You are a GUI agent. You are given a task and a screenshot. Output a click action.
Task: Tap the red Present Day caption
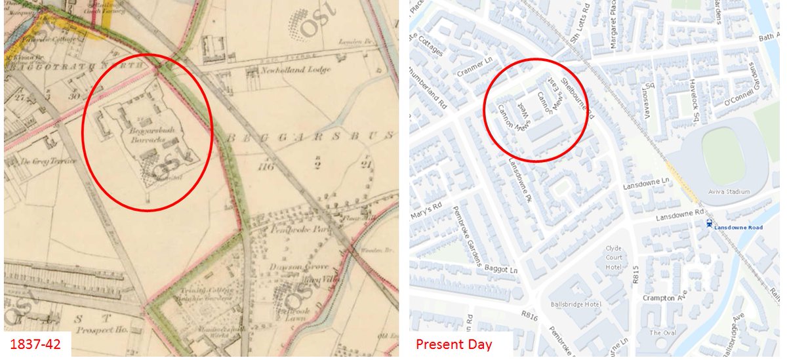453,343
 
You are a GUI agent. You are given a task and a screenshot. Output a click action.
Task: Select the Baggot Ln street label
502,267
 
